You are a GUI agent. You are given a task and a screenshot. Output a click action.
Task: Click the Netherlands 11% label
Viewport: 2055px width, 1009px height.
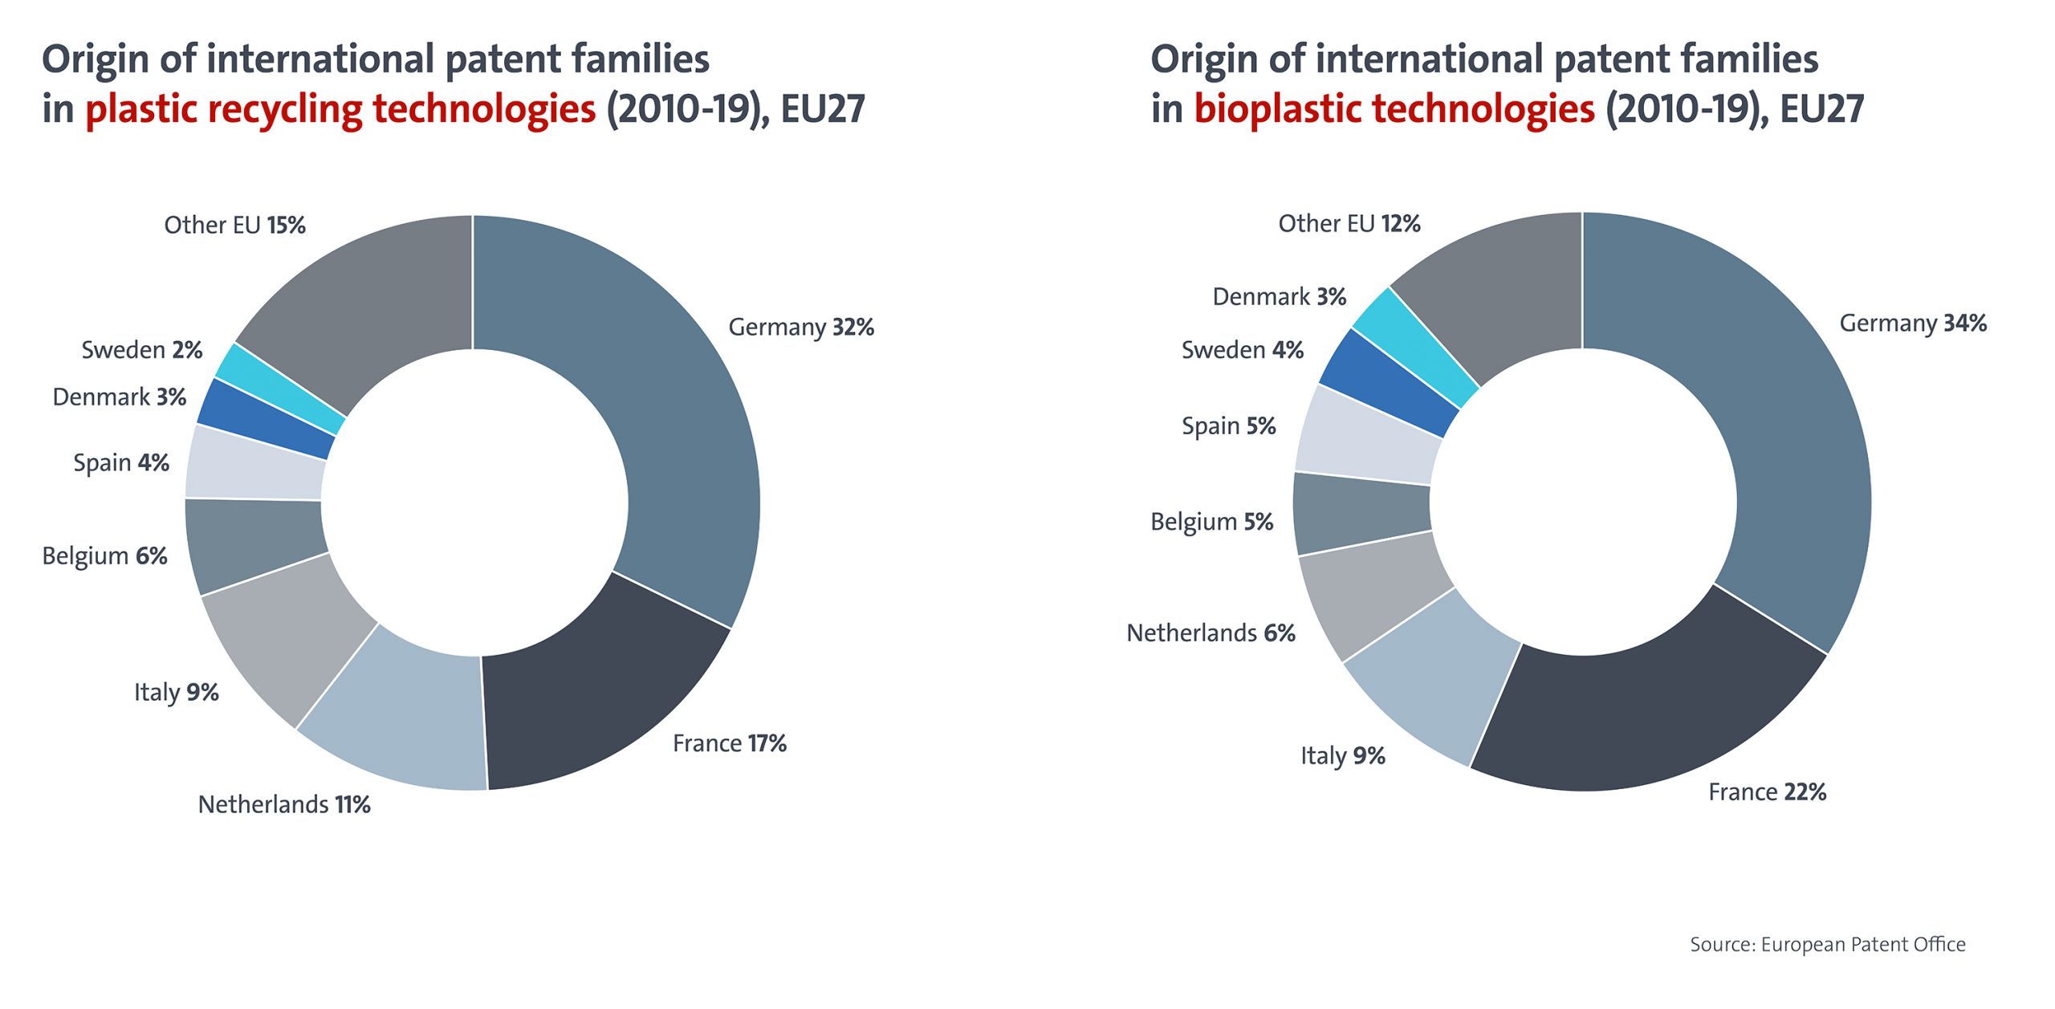[x=284, y=804]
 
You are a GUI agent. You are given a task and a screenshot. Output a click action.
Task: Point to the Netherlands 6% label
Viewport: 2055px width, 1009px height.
[x=1211, y=633]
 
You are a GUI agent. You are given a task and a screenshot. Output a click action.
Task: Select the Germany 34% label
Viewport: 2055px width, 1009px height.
[x=1913, y=323]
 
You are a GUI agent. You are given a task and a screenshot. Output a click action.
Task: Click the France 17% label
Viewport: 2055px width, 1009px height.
[x=729, y=743]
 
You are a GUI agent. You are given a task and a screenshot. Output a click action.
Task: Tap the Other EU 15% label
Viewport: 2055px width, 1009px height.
[x=234, y=226]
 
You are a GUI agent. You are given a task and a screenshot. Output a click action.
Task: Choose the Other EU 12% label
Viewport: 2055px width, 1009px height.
[x=1349, y=224]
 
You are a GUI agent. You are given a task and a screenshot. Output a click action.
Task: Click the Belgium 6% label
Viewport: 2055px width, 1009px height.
[x=104, y=556]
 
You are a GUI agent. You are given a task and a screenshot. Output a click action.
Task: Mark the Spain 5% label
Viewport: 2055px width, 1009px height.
[x=1228, y=426]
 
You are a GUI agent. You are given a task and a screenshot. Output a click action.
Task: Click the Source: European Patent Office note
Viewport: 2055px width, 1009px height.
[x=1827, y=945]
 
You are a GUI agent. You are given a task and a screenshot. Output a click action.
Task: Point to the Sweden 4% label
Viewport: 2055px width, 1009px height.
[x=1242, y=350]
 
